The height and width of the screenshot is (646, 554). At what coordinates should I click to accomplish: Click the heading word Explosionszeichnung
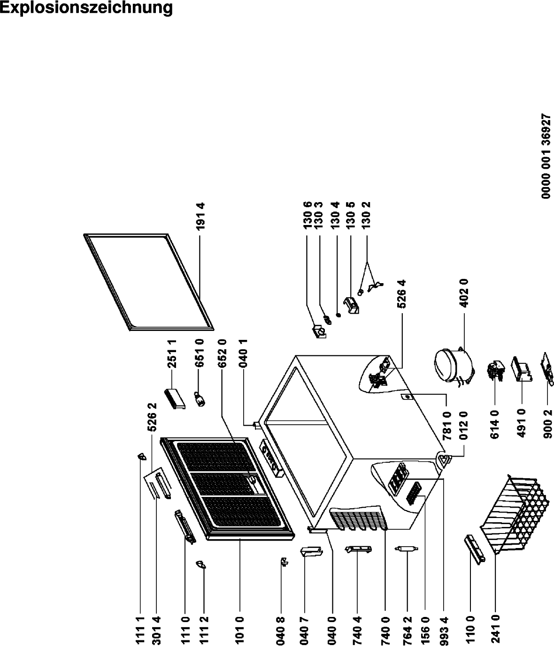tap(86, 8)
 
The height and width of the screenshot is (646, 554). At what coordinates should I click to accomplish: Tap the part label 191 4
tap(200, 216)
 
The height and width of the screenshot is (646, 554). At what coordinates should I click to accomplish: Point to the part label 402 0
tap(464, 293)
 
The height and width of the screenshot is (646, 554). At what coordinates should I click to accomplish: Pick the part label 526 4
tap(402, 294)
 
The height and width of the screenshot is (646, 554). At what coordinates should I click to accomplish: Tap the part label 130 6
tap(308, 215)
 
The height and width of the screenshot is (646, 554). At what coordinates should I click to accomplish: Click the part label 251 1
tap(172, 354)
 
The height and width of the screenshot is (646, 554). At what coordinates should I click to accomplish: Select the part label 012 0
tap(464, 425)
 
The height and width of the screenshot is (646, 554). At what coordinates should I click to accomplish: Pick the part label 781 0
tap(447, 426)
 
